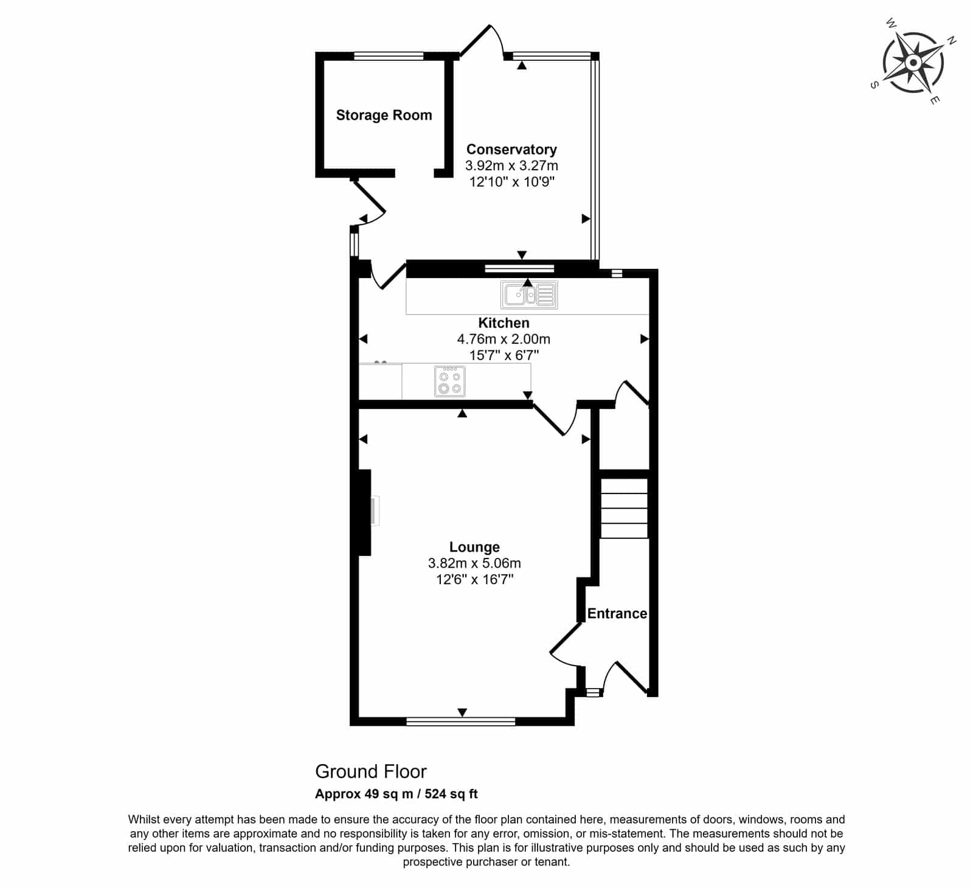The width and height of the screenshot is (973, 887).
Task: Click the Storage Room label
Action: [x=384, y=115]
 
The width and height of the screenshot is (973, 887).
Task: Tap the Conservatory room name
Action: [x=511, y=150]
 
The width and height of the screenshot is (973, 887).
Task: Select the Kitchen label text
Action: [x=504, y=323]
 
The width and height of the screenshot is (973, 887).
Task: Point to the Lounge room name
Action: [x=474, y=548]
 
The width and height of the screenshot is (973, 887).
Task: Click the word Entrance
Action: [x=617, y=613]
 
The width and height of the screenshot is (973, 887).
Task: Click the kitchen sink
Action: [x=529, y=295]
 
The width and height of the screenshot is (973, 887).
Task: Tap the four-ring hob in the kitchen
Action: [x=450, y=381]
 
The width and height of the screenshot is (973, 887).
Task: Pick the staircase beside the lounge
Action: [x=625, y=508]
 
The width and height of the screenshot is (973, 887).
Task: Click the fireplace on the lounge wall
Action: [x=365, y=512]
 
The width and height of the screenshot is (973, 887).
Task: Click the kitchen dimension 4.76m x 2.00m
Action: [x=504, y=339]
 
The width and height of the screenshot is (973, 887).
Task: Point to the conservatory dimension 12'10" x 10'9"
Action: [x=512, y=182]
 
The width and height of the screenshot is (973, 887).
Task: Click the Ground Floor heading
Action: [x=371, y=771]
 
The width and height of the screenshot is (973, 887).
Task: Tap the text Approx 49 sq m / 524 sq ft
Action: [x=396, y=794]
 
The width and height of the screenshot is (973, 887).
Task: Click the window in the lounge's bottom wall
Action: [x=461, y=722]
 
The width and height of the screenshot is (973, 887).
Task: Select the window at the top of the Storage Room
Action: [x=389, y=56]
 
